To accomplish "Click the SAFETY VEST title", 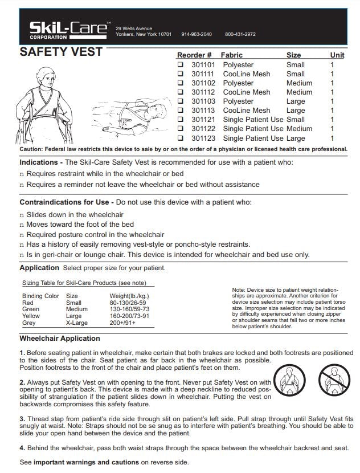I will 61,52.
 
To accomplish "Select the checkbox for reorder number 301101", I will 181,65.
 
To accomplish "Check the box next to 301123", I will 181,138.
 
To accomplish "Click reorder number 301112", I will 203,92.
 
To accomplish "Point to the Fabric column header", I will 231,55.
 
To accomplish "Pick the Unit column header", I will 337,55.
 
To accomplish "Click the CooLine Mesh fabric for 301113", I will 246,111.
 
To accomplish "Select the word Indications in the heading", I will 42,162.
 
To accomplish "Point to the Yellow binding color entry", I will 31,315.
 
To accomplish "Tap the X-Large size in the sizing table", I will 77,322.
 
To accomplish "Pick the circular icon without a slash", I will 289,379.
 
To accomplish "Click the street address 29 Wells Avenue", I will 134,28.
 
